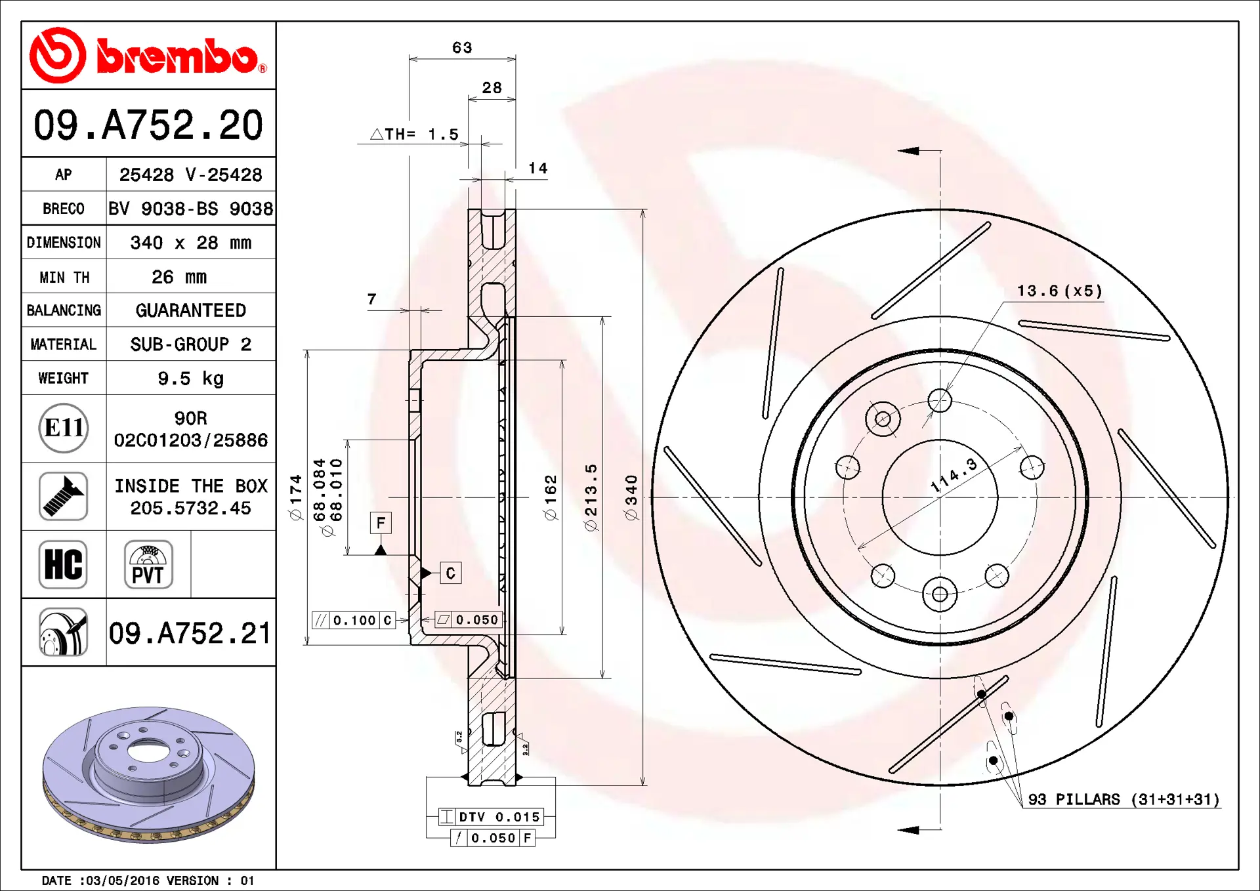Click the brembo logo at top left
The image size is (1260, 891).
click(148, 56)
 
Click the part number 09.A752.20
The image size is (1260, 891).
click(148, 125)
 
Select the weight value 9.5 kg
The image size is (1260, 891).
click(190, 379)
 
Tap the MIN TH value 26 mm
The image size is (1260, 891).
click(179, 277)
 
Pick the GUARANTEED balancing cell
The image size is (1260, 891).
click(190, 310)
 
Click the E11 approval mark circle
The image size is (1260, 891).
click(64, 428)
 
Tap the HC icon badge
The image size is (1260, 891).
click(63, 564)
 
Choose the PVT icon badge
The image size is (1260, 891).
click(148, 564)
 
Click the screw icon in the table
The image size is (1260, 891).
click(63, 496)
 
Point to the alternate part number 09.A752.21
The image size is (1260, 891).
click(190, 633)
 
